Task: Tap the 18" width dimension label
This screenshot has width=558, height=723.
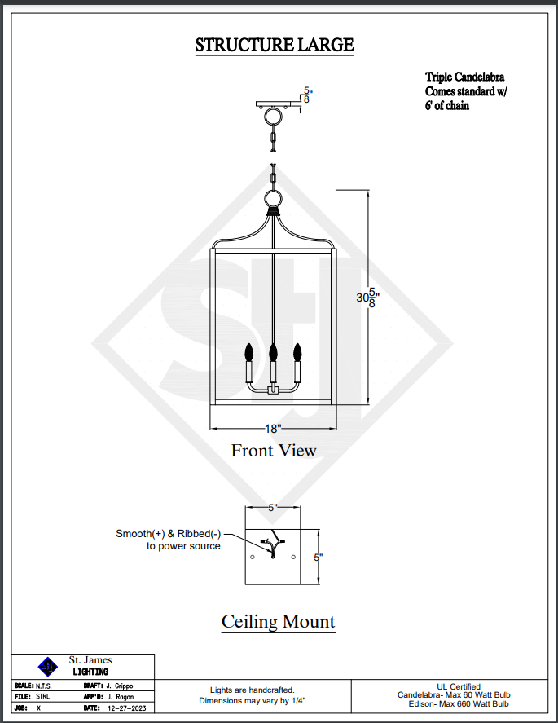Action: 273,428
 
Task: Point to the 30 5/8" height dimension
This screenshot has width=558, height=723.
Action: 367,298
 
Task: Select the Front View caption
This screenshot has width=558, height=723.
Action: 274,450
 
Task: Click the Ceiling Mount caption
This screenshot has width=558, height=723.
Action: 278,622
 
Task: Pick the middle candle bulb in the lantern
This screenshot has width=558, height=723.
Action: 274,353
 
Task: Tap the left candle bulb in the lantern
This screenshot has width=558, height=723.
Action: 249,353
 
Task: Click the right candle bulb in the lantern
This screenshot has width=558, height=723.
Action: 297,353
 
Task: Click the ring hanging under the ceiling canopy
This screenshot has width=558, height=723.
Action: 272,117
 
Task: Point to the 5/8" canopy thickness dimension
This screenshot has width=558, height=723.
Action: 306,95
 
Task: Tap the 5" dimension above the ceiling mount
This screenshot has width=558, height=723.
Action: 273,507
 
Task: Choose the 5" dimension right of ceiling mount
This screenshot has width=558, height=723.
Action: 319,557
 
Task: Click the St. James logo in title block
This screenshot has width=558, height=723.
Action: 48,666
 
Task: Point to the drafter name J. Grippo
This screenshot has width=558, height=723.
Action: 119,686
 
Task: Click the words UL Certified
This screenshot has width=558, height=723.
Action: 459,686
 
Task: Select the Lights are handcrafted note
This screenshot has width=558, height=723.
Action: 252,689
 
